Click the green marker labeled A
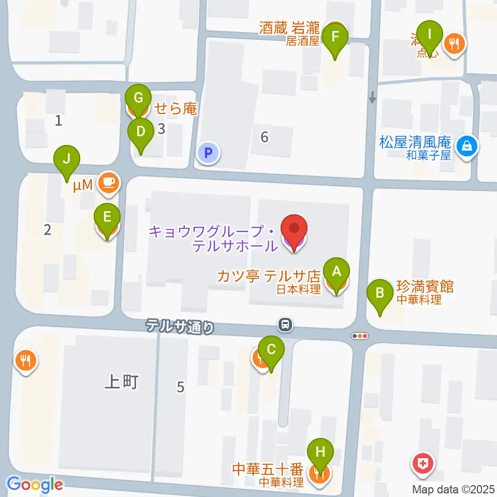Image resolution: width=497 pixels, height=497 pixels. [336, 271]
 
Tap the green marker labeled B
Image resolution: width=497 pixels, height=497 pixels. [379, 293]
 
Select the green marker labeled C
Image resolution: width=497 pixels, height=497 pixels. [271, 349]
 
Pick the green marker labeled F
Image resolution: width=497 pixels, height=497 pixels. [335, 37]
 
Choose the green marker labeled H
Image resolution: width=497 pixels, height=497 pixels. [320, 452]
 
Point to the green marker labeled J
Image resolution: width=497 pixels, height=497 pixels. [67, 159]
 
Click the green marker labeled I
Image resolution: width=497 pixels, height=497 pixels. [430, 35]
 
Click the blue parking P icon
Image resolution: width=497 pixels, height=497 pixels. [208, 153]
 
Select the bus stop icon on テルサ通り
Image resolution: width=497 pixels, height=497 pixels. [284, 325]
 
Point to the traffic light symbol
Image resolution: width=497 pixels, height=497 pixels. [359, 335]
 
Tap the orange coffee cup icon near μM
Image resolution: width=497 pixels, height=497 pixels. [107, 182]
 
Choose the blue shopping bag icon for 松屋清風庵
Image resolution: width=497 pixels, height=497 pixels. [467, 145]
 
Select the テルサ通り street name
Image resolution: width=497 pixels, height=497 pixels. [179, 326]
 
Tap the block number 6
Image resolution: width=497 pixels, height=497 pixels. [265, 137]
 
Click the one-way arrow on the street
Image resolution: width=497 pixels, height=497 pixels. [372, 97]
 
